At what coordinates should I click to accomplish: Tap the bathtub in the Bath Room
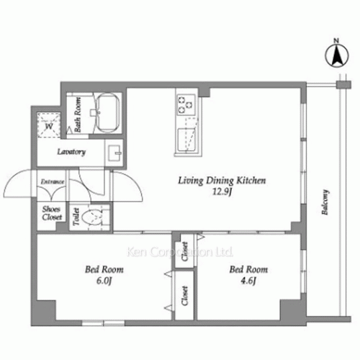coord(107,112)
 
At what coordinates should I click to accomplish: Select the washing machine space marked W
coord(49,125)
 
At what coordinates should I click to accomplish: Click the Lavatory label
coord(71,152)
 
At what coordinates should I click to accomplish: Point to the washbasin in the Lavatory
coord(115,153)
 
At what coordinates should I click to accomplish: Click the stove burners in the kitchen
coord(186,104)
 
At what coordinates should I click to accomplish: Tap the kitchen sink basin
coord(186,140)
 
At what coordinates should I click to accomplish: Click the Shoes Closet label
coord(52,213)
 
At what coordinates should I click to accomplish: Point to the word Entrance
coord(53,181)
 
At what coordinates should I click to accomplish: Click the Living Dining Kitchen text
coord(222,181)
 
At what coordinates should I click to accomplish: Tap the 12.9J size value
coord(222,192)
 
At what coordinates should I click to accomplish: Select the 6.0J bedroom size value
coord(104,281)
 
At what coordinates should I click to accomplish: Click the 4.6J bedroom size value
coord(248,281)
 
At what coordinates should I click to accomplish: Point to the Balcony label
coord(325,202)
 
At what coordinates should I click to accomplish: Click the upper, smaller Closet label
coord(184,251)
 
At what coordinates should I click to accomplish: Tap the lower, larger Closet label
coord(184,296)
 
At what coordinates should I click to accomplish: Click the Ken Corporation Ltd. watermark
coord(180,252)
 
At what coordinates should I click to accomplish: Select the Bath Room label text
coord(78,114)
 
